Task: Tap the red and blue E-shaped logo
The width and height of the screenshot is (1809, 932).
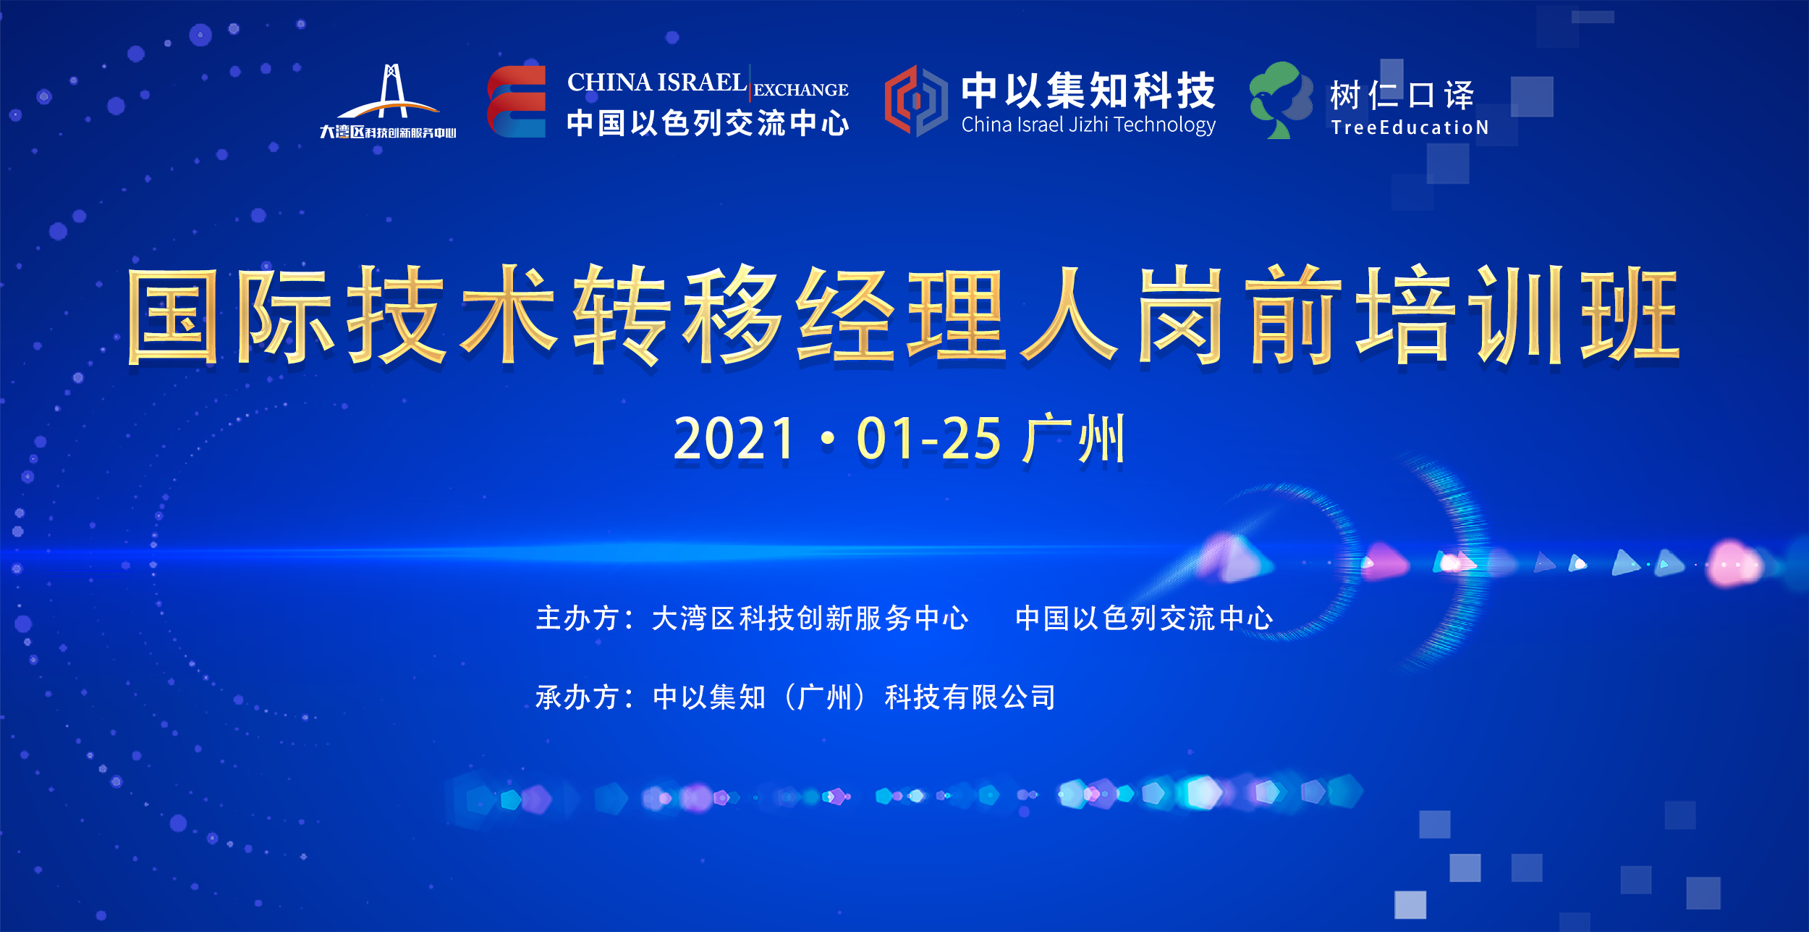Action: click(516, 101)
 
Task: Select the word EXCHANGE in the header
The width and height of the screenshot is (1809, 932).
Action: click(801, 90)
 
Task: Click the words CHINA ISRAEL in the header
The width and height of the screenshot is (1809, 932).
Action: click(656, 82)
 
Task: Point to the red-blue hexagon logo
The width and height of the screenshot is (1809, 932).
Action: click(915, 101)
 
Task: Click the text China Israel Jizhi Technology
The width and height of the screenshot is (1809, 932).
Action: click(1088, 125)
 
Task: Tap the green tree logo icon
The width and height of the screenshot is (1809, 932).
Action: click(1281, 100)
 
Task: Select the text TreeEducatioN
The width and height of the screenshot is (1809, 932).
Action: click(1410, 127)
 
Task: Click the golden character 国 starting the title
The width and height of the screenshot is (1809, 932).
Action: click(172, 316)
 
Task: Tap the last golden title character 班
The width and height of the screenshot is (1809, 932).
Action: click(1630, 316)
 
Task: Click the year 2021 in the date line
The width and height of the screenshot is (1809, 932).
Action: click(734, 439)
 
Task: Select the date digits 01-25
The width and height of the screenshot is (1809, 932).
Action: click(928, 439)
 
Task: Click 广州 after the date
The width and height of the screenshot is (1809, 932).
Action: click(1073, 438)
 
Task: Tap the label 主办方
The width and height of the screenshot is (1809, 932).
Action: click(577, 618)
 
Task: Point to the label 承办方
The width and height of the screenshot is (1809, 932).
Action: click(577, 697)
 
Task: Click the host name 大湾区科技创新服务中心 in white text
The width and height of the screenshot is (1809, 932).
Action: click(810, 618)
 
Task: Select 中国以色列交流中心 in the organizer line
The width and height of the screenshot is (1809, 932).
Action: click(1144, 618)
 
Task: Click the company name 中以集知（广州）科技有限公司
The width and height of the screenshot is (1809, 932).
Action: click(854, 697)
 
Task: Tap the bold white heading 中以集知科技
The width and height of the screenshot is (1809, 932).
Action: click(1088, 91)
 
